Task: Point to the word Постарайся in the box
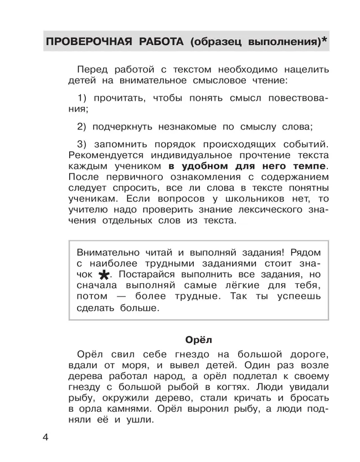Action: point(145,274)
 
